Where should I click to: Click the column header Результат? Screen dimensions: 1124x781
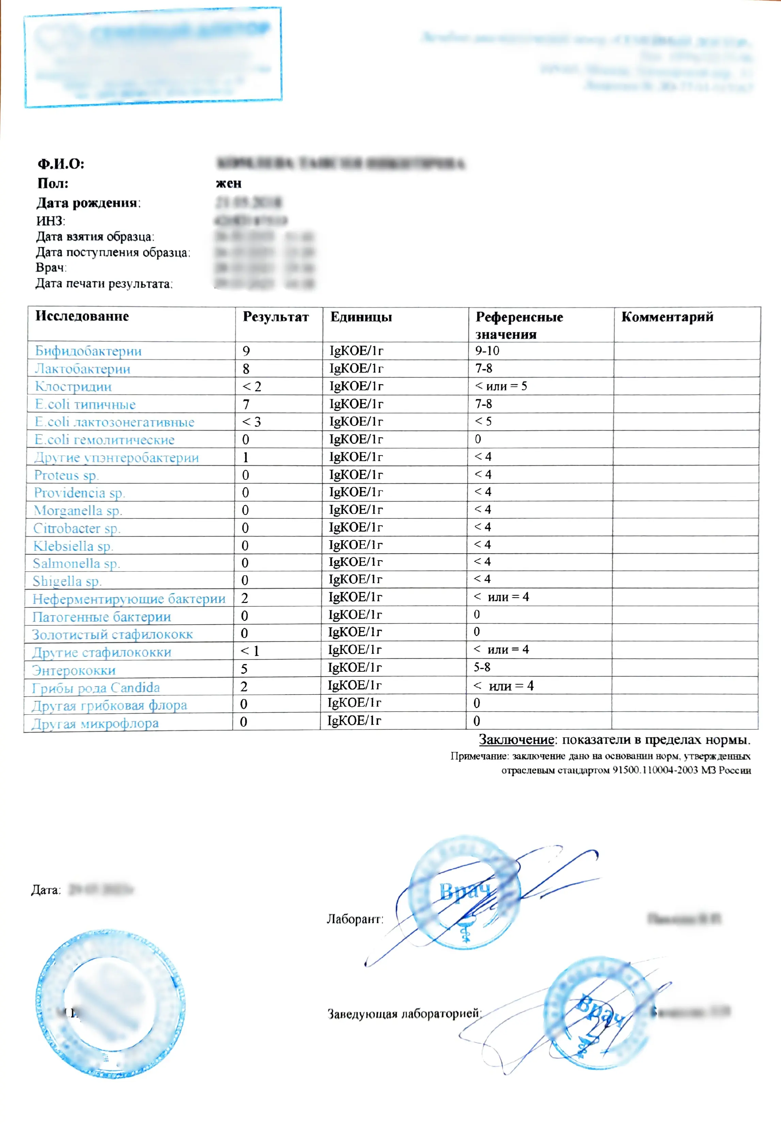tap(276, 317)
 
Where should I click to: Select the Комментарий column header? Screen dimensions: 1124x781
tap(667, 317)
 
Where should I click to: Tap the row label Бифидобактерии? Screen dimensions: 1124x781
tap(88, 351)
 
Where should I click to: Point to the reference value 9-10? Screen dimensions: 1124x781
tap(487, 350)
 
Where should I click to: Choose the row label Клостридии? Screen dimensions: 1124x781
tap(74, 387)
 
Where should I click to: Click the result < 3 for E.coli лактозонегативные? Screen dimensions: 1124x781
tap(251, 422)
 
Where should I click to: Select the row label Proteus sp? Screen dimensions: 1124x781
tap(66, 475)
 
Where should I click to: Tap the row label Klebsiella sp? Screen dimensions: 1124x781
tap(73, 546)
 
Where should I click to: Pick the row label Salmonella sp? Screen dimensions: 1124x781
tap(76, 563)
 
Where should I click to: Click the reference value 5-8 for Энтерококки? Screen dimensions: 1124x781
tap(482, 667)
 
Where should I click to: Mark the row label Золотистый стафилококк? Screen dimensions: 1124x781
tap(112, 635)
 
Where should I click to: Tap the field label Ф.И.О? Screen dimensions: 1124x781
tap(61, 163)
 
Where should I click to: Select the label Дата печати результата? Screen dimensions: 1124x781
tap(104, 283)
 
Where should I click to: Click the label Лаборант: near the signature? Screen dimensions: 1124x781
tap(355, 919)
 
